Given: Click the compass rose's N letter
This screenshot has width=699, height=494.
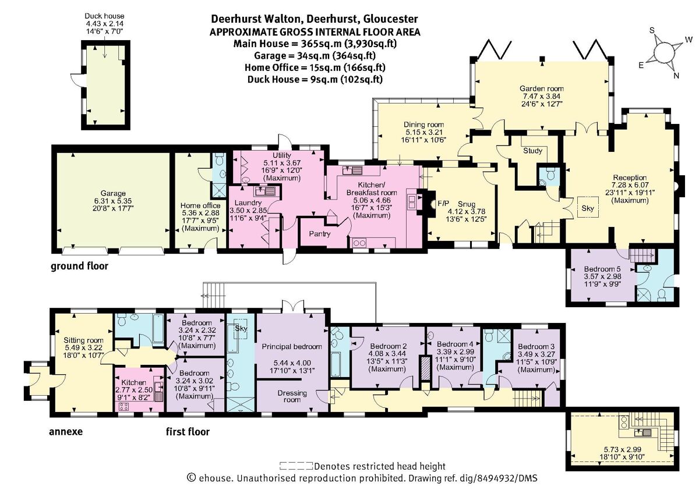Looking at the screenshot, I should [x=676, y=75].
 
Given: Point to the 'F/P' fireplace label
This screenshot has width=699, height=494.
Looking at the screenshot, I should [x=443, y=203].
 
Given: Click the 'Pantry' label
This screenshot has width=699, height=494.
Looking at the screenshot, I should [x=320, y=234].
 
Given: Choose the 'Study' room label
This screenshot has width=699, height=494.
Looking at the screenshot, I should [x=532, y=151].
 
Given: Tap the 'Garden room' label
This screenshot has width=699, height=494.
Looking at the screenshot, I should [x=542, y=89].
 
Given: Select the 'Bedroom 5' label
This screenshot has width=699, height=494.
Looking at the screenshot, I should [x=600, y=269].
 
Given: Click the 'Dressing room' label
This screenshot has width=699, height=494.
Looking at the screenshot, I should [x=292, y=396].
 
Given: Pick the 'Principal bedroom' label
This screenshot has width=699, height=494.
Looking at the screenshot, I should [x=292, y=346].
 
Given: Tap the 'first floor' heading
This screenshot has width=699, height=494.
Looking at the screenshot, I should [x=187, y=432].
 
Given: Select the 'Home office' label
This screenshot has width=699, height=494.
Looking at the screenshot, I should [x=200, y=205].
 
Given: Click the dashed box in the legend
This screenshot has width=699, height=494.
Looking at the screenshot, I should [x=296, y=466].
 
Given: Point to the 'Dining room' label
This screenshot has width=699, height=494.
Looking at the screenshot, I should [x=424, y=125].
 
